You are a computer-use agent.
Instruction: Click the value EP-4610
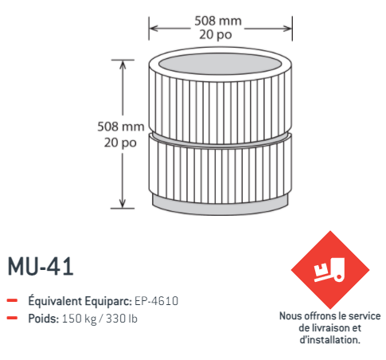(x=155, y=301)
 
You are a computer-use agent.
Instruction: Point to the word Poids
(x=42, y=319)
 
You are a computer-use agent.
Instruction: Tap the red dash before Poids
(x=13, y=319)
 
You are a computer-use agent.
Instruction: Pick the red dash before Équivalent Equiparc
(x=13, y=301)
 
